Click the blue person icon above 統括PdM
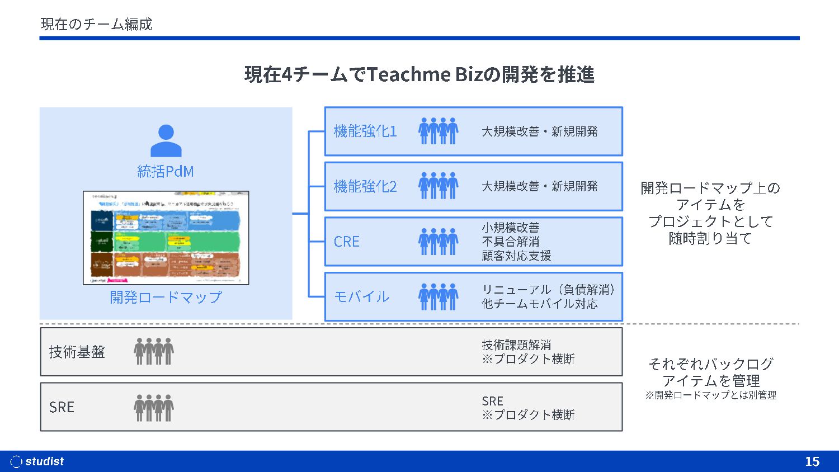coord(166,140)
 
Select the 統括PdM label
coord(166,171)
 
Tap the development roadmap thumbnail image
coord(166,238)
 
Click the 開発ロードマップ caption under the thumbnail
coord(166,297)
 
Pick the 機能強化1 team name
coord(365,131)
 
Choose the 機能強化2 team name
coord(365,186)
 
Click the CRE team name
coord(347,242)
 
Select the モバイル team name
coord(361,296)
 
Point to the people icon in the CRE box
coord(438,242)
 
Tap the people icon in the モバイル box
coord(438,296)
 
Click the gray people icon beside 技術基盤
coord(154,351)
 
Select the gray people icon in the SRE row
coord(154,407)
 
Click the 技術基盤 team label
coord(77,352)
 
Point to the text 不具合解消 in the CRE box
coord(510,242)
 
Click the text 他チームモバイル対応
coord(539,304)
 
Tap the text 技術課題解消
coord(516,345)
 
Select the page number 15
coord(812,461)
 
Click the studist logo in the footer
coord(37,461)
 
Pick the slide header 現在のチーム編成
coord(96,24)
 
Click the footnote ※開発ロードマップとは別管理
coord(710,395)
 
